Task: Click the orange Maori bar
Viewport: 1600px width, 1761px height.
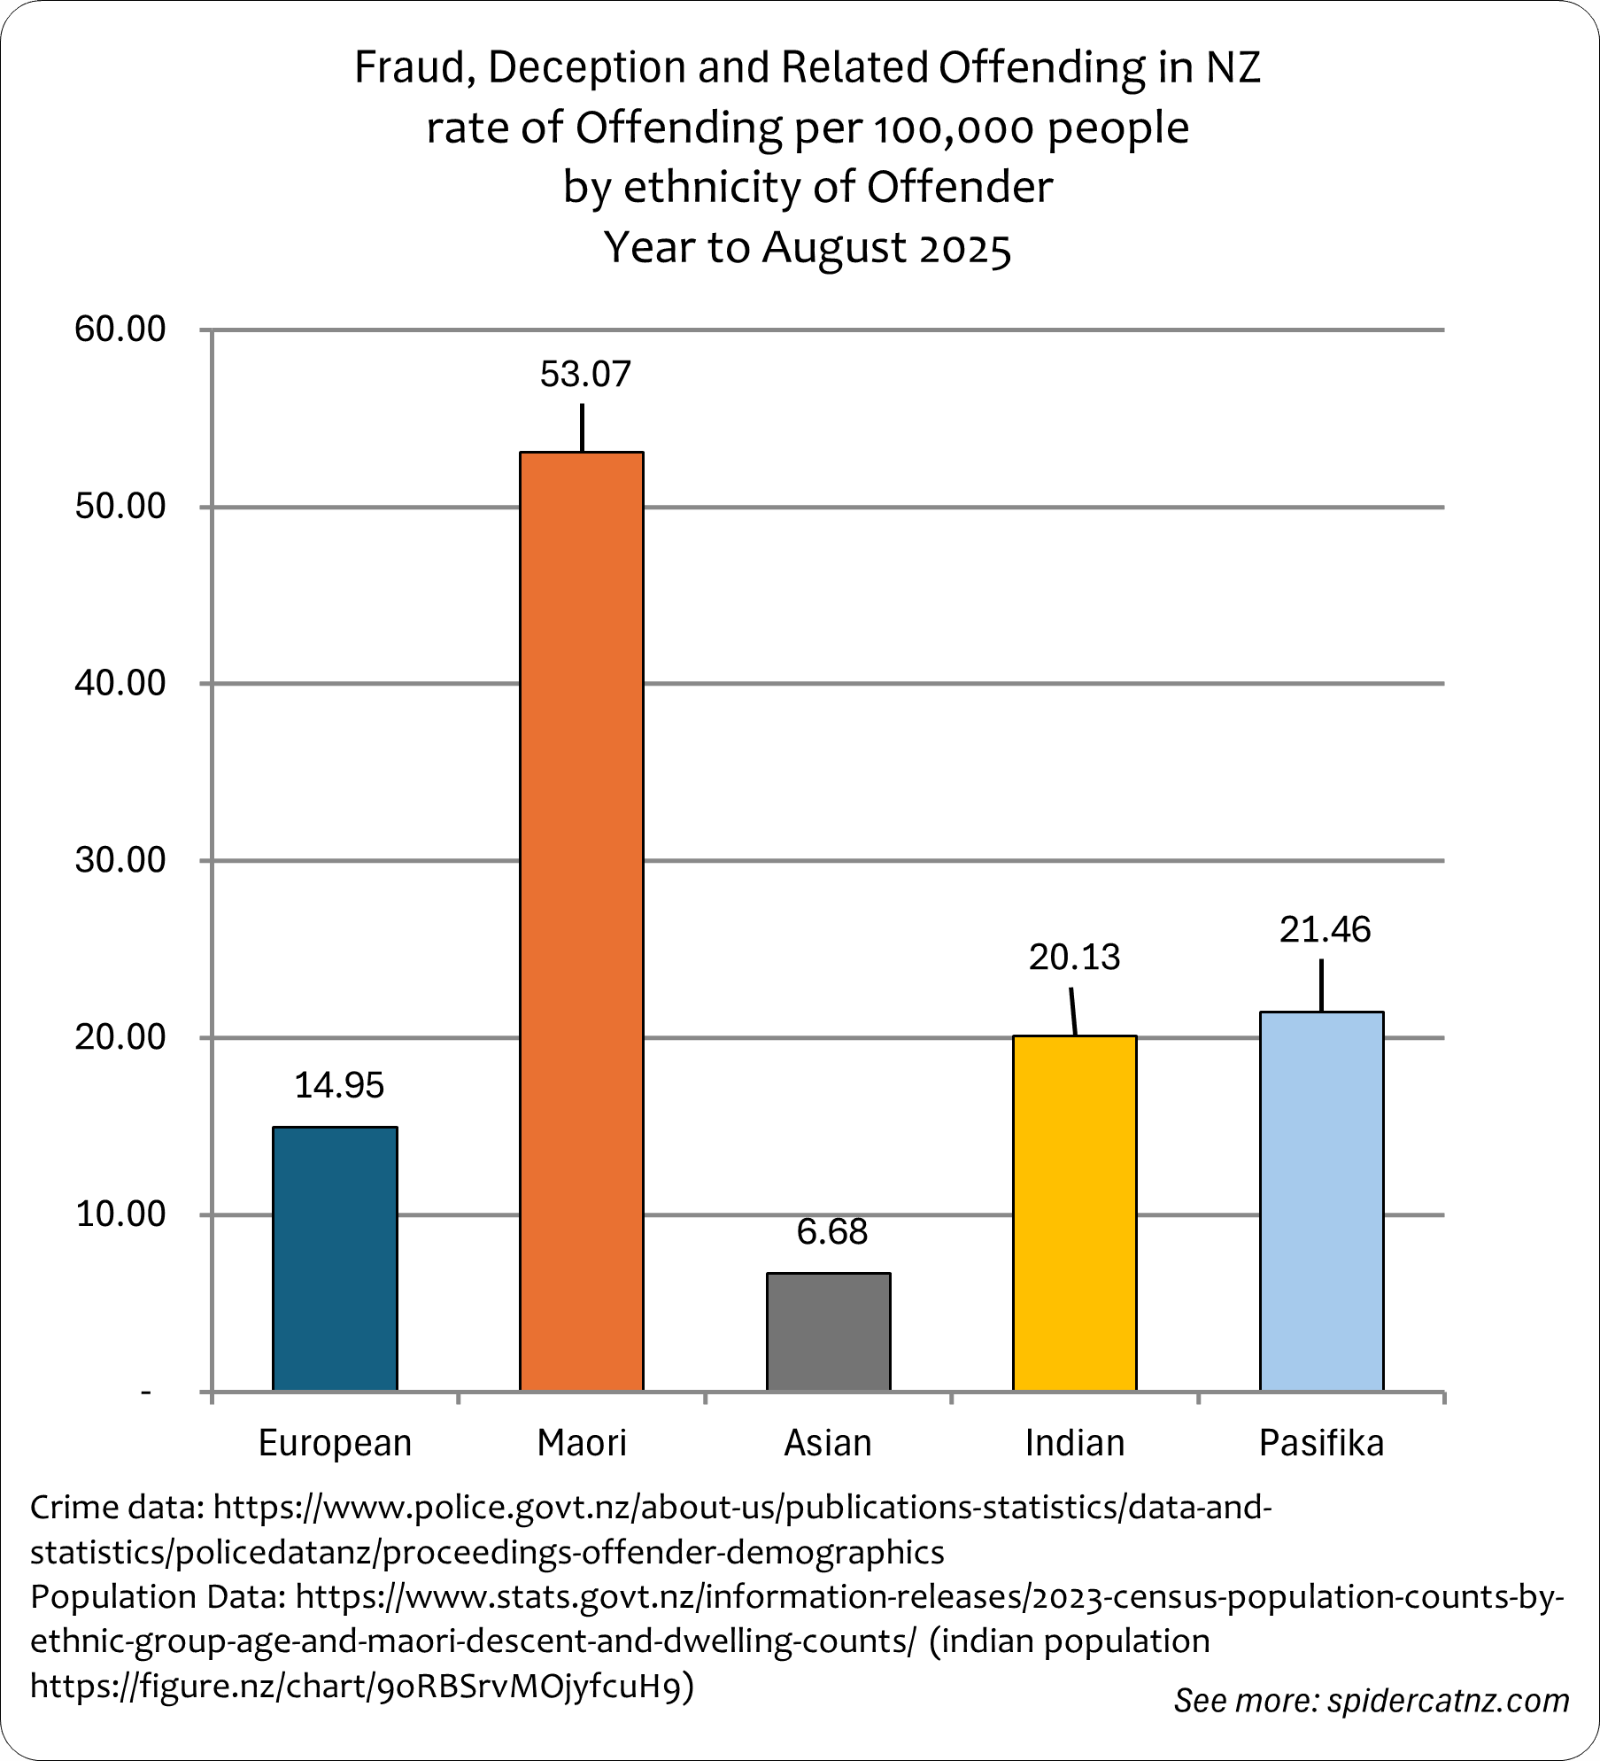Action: (x=581, y=921)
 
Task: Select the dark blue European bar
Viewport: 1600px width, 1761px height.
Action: (x=335, y=1258)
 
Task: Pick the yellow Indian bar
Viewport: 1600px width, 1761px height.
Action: (x=1074, y=1213)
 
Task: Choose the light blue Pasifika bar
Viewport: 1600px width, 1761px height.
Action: (x=1321, y=1201)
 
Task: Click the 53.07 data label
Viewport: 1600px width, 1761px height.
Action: (x=585, y=375)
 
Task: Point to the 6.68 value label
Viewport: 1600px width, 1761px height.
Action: (x=832, y=1232)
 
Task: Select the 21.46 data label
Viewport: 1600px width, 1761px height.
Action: (x=1325, y=930)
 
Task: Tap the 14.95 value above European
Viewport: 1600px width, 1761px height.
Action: (x=339, y=1086)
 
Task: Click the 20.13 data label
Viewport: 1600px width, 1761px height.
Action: (x=1074, y=958)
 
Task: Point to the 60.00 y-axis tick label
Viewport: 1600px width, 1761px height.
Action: (x=120, y=330)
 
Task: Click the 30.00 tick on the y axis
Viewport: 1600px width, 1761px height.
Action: (x=120, y=860)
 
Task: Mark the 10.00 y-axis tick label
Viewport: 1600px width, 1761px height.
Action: (x=120, y=1214)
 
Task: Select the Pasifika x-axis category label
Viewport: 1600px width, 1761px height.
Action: (x=1321, y=1444)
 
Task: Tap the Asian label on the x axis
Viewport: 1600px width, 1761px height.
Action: (x=828, y=1444)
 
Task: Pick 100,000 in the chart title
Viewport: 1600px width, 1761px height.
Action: (x=955, y=129)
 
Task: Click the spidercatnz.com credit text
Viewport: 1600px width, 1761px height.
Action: (x=1448, y=1701)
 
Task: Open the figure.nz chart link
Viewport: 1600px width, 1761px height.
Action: (x=361, y=1686)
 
